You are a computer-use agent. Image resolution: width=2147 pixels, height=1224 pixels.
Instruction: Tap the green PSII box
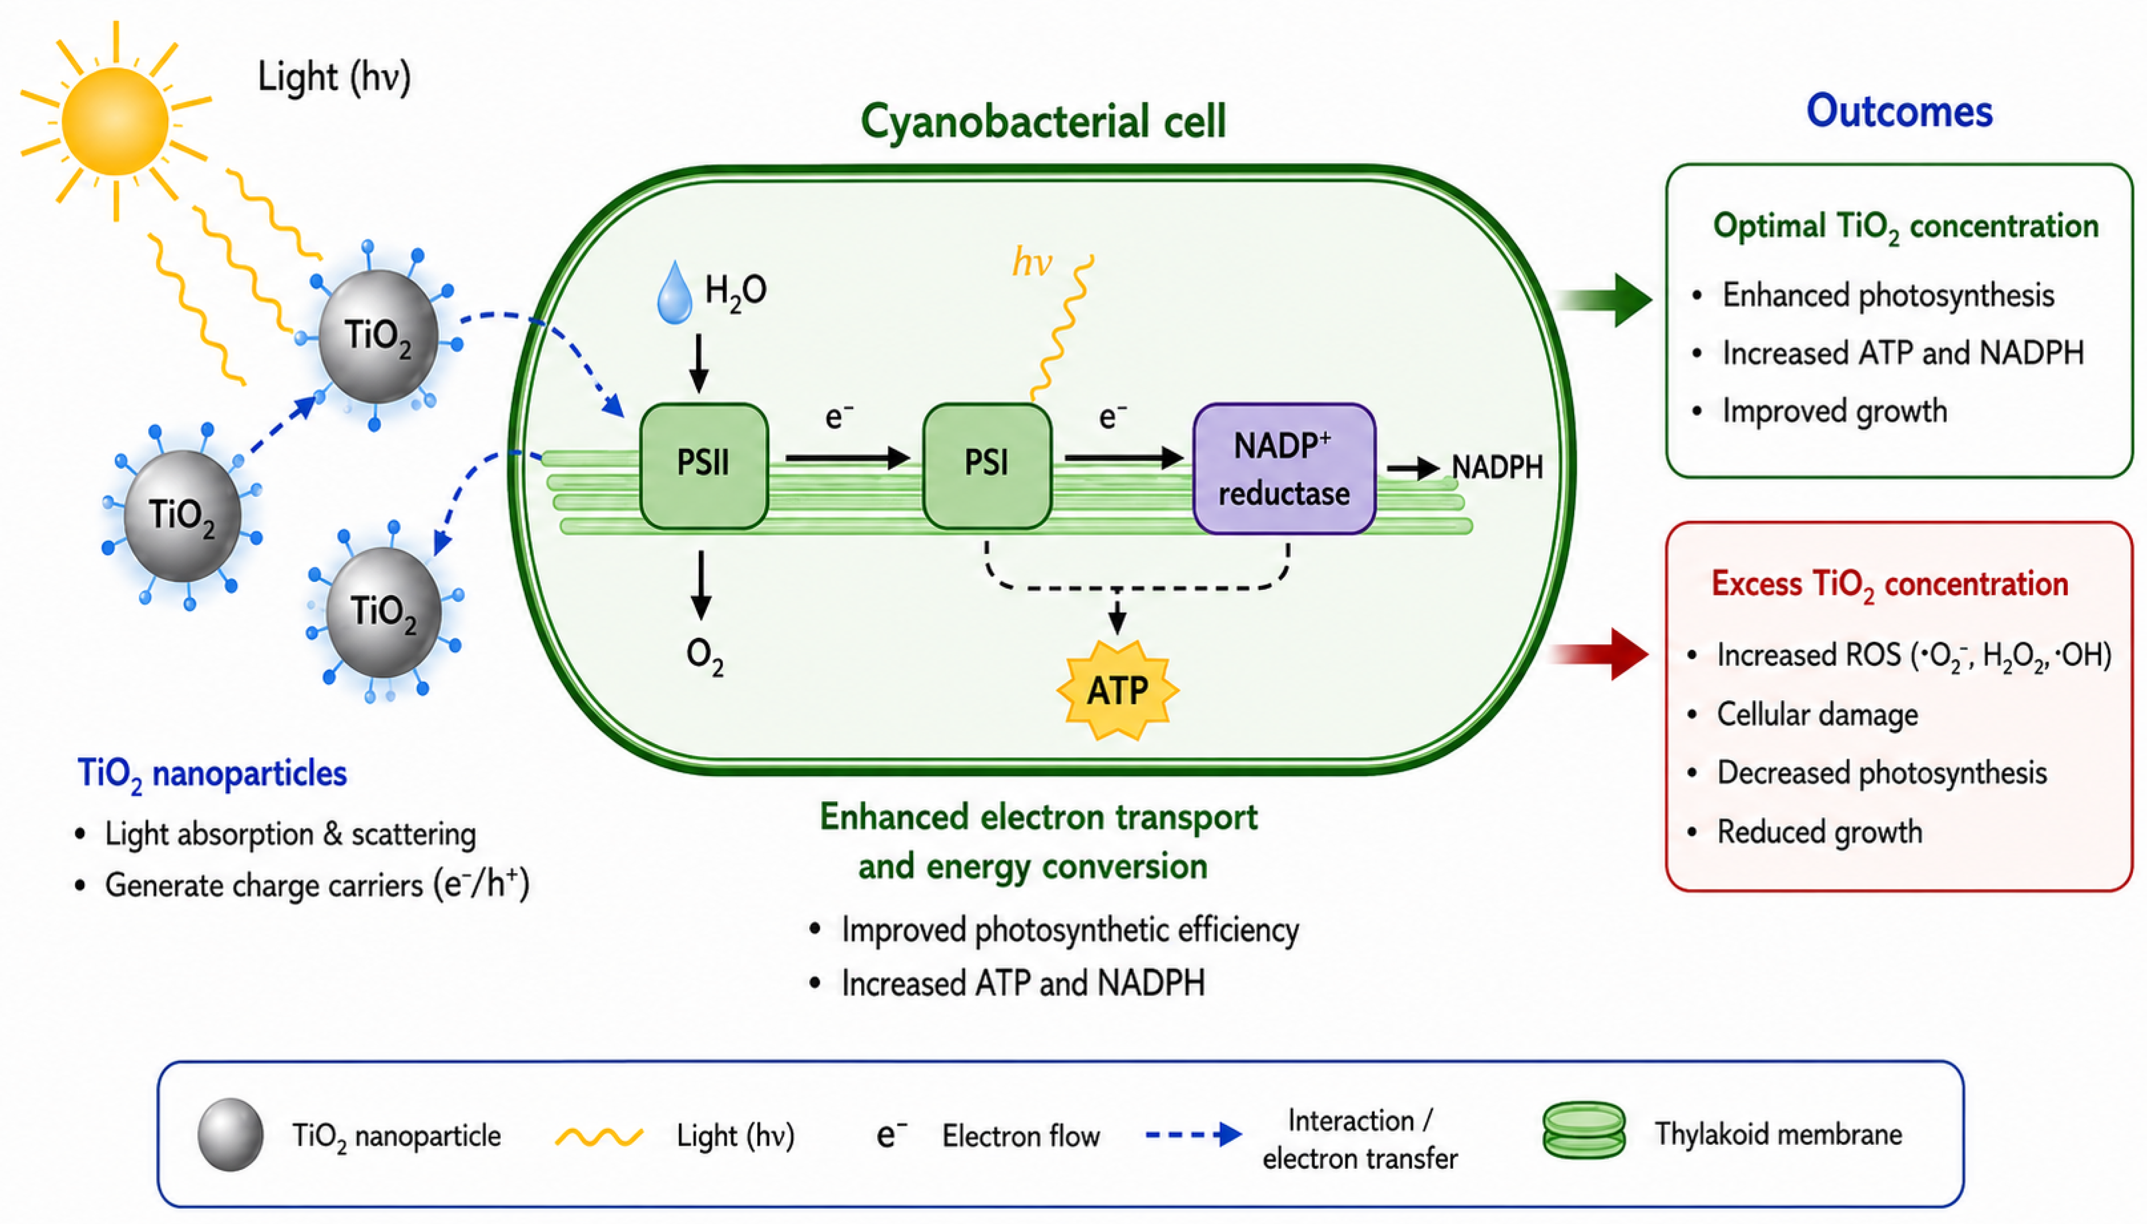tap(704, 465)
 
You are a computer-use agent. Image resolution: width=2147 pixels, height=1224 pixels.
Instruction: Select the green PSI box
tap(986, 465)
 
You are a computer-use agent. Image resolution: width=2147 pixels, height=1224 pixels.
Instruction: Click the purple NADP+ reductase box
tap(1284, 468)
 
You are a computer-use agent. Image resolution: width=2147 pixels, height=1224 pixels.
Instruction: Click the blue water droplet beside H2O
tap(675, 293)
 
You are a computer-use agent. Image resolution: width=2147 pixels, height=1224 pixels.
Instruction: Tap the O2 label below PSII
tap(705, 656)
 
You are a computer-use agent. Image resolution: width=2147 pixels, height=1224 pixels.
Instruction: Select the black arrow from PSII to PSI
tap(848, 458)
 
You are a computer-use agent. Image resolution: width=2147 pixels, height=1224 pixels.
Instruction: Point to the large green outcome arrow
tap(1602, 300)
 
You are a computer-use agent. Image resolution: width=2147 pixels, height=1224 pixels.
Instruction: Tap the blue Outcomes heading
tap(1899, 111)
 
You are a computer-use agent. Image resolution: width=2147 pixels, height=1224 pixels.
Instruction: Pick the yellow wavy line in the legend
tap(599, 1137)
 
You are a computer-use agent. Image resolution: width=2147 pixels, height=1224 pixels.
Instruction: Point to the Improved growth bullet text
tap(1834, 411)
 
